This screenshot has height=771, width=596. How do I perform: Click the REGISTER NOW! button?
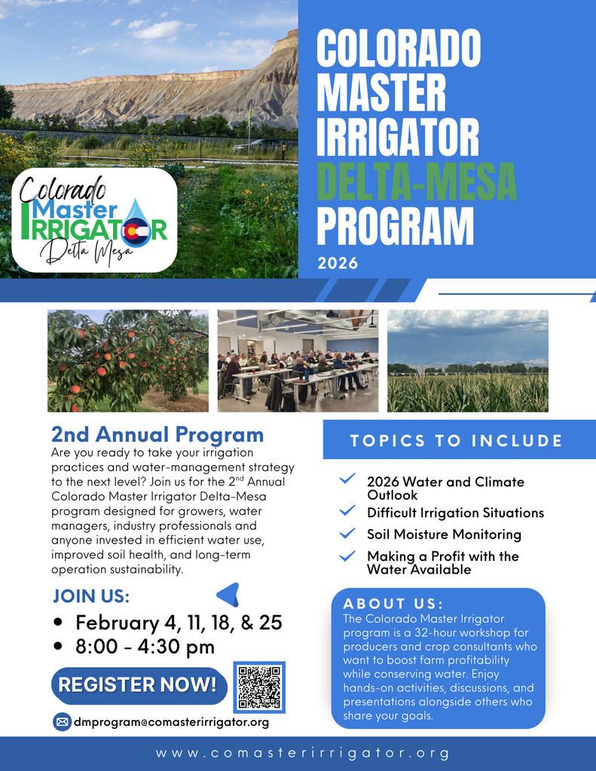point(139,685)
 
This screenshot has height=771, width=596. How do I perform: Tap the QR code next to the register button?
point(259,687)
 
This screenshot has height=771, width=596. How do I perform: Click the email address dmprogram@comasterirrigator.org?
point(171,722)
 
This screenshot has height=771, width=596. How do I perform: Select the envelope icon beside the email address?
point(62,722)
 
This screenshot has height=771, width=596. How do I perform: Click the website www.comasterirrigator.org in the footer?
point(303,753)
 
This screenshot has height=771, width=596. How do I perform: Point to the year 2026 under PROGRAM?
point(338,264)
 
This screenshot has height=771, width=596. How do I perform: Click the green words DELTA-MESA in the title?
point(416,181)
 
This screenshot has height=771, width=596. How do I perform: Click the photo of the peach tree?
point(128,361)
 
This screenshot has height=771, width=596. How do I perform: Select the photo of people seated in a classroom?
point(298,361)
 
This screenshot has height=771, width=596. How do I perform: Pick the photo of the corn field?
point(467,361)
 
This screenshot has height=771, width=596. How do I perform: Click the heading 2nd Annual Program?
point(157,434)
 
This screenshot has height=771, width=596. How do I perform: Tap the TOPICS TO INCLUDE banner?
point(457,440)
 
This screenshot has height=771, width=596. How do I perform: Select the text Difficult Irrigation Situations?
point(455,513)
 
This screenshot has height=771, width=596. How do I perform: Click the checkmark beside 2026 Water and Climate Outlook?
point(347,479)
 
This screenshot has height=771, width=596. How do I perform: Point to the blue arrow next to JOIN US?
point(228,594)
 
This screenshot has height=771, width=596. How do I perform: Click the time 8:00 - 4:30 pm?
point(145,646)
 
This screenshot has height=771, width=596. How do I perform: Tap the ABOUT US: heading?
point(393,604)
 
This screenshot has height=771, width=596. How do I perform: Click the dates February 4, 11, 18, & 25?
point(179,623)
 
